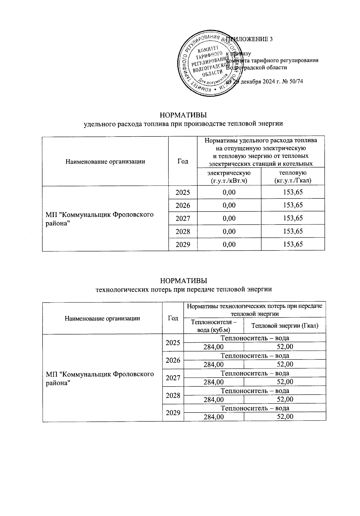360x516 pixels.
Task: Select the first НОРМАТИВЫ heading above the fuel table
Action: tap(183, 115)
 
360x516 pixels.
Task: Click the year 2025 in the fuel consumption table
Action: tap(183, 192)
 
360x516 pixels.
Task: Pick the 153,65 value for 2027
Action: tap(293, 218)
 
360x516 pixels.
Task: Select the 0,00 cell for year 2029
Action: tap(229, 244)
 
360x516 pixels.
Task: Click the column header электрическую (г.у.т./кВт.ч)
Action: tap(229, 177)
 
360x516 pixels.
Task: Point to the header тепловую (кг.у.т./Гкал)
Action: tap(293, 177)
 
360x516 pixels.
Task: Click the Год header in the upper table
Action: tap(183, 161)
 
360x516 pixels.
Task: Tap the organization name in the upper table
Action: tap(100, 219)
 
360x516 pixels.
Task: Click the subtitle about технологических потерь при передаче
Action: tap(183, 289)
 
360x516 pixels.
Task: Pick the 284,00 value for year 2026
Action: tap(214, 364)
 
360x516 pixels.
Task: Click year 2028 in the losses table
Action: tap(173, 395)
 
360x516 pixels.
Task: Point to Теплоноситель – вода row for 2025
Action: tap(255, 338)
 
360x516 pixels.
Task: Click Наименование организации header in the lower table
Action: tap(102, 318)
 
